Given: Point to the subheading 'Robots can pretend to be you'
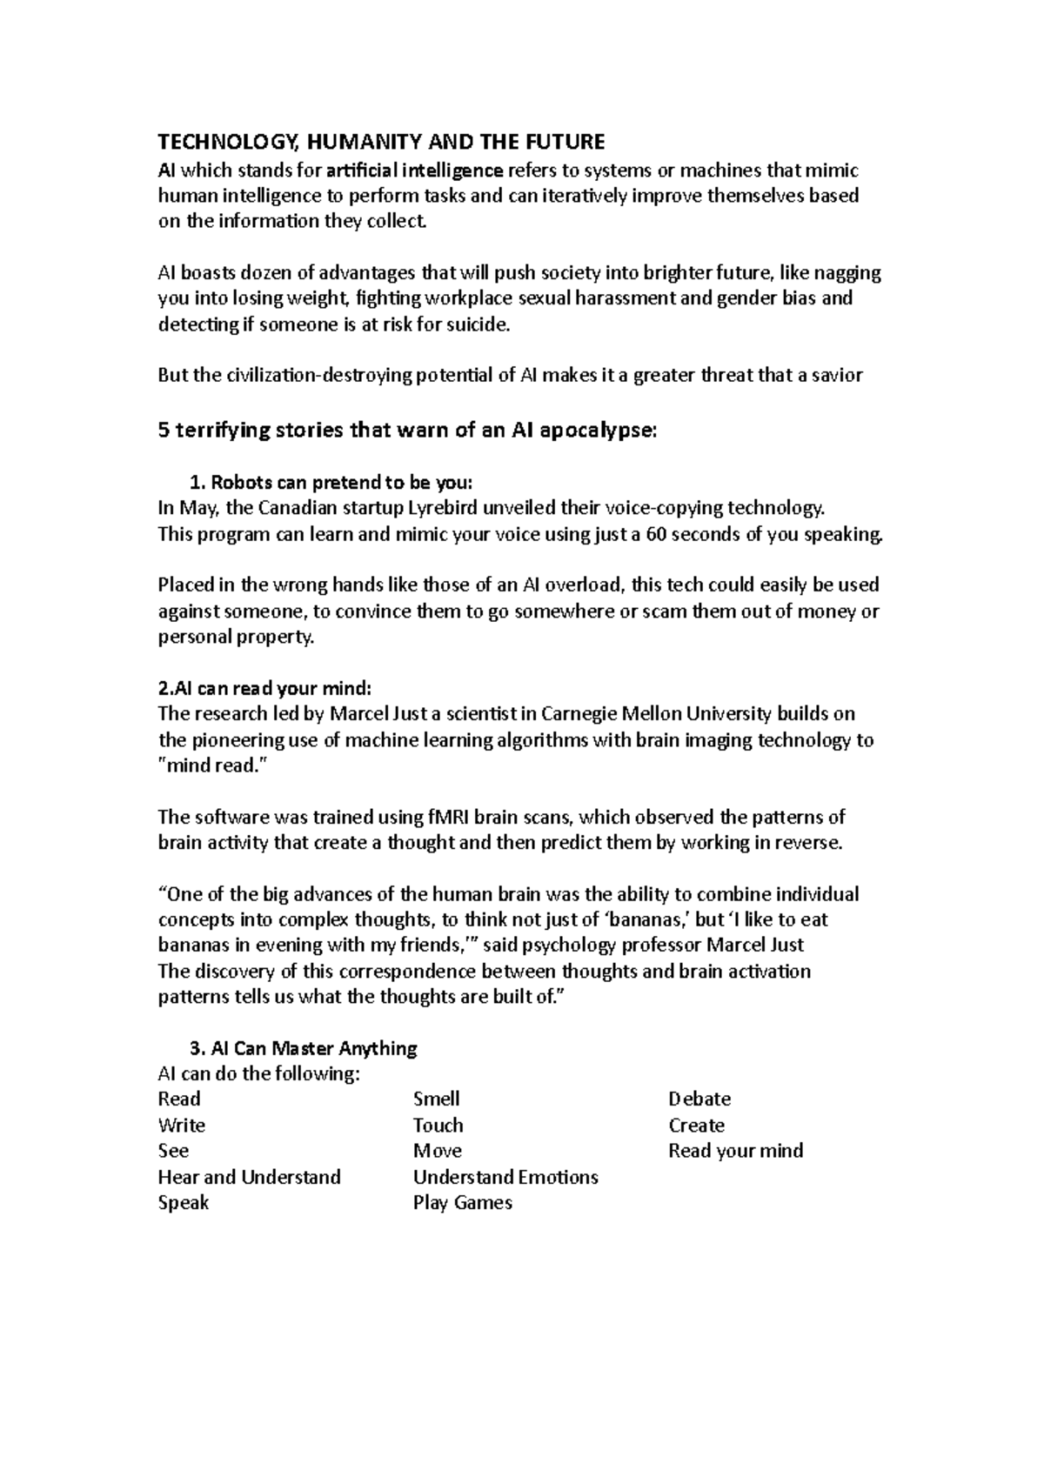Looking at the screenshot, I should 341,483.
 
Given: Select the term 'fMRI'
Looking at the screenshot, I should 452,817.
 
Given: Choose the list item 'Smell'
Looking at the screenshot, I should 436,1099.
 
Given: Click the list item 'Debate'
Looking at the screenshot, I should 699,1099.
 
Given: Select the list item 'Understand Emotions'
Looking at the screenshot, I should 505,1177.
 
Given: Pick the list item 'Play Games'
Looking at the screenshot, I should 462,1203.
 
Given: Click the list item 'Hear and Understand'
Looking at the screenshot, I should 249,1177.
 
